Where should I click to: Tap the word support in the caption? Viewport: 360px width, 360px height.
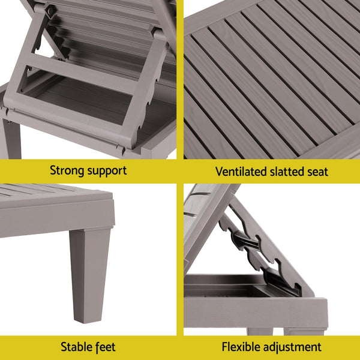[105, 171]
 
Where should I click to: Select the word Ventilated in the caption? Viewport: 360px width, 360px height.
[238, 172]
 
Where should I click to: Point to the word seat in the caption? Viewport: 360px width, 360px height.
[317, 172]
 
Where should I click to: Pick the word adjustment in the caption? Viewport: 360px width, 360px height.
[293, 347]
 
